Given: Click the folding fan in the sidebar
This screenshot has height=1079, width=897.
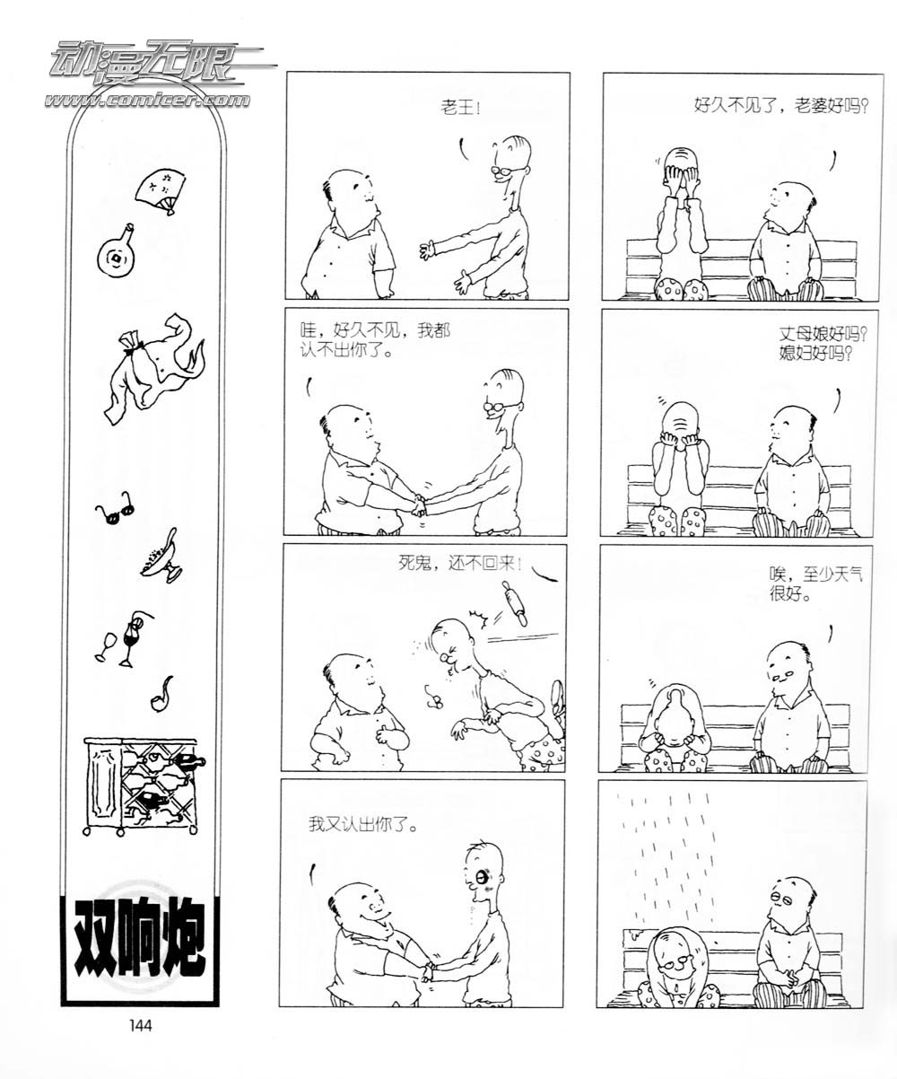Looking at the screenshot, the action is [x=161, y=190].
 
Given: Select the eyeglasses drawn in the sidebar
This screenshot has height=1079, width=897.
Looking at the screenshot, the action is [x=115, y=508].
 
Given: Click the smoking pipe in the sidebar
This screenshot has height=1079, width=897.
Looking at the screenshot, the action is [x=161, y=695].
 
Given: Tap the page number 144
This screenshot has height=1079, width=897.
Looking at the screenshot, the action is [x=141, y=1025].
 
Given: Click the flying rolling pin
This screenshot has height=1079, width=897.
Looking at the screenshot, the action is [x=515, y=603].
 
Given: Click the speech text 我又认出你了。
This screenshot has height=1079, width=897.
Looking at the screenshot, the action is [x=363, y=823].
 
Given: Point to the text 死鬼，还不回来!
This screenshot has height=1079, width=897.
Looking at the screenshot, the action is [x=460, y=563].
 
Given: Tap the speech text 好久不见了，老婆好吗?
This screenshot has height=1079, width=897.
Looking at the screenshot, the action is [x=780, y=106].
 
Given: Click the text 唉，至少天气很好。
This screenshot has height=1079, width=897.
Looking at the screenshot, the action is [x=815, y=584].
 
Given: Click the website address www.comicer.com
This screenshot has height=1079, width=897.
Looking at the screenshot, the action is [x=148, y=100].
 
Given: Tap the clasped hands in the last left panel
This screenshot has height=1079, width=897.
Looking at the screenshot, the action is [x=428, y=972].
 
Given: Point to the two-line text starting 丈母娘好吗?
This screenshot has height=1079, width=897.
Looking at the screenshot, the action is [x=823, y=343].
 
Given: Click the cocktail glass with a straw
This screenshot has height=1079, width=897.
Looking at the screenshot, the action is [x=134, y=637].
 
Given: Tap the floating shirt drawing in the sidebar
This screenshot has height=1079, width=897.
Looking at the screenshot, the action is [x=155, y=367].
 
